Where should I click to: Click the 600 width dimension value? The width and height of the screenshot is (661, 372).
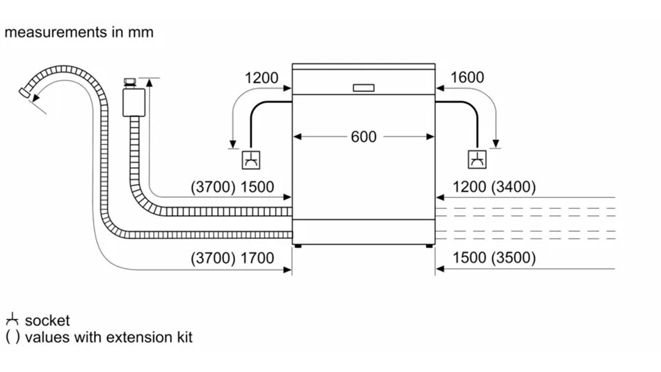point(363,137)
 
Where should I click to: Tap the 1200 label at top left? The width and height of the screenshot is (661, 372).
point(261,78)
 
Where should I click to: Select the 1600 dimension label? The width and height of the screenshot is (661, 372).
point(467,77)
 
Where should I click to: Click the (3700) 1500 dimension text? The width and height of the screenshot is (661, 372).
point(232,187)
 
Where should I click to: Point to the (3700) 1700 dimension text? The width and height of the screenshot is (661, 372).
point(232,258)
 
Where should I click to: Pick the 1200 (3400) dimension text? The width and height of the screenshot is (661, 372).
point(494,187)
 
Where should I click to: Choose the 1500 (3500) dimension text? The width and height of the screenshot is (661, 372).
point(494,258)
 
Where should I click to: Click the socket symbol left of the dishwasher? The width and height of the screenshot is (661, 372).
point(250,160)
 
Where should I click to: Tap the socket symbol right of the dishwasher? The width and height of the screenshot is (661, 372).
point(477,160)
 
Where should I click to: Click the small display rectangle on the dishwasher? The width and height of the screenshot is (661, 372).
point(363,88)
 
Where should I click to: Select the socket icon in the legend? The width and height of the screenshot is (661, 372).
point(12,320)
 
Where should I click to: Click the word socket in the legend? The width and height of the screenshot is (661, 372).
point(47,320)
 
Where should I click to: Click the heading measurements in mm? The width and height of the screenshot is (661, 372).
point(79,32)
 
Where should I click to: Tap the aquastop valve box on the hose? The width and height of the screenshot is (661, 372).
point(132,102)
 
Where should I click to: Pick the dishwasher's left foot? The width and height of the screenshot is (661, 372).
point(298,245)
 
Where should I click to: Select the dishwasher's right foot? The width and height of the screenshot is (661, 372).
point(428,245)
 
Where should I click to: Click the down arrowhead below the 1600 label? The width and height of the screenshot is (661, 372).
point(495,144)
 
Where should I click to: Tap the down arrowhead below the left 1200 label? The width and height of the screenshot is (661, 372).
point(232,144)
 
